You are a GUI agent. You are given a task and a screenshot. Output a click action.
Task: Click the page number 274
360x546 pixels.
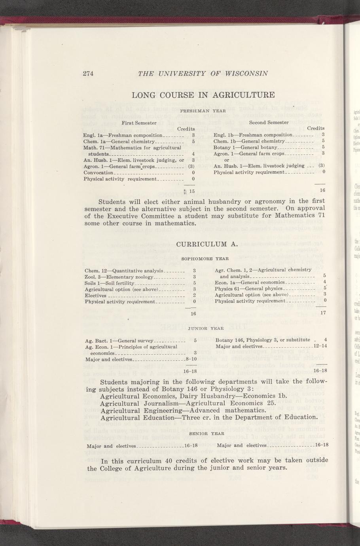point(87,73)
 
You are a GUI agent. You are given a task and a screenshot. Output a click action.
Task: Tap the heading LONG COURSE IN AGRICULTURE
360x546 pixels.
point(203,95)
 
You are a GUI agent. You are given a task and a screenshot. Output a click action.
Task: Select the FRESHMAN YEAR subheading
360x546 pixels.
point(203,111)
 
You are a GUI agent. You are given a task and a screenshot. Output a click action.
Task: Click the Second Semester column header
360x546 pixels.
point(269,122)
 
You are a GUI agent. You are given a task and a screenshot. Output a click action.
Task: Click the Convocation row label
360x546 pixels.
point(98,173)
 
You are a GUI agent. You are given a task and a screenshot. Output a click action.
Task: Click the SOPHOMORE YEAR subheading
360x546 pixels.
point(205,259)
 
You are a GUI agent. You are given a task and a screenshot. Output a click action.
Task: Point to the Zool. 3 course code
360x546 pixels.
point(93,277)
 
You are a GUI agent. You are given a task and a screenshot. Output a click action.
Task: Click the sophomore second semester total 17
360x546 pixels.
point(322,313)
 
